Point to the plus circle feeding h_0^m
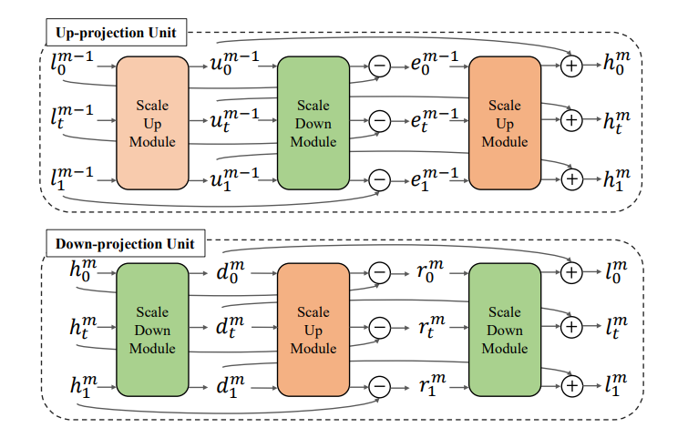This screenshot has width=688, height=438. click(572, 66)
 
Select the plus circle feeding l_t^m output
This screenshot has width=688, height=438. click(572, 325)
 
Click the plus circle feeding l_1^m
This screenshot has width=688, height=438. click(572, 386)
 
